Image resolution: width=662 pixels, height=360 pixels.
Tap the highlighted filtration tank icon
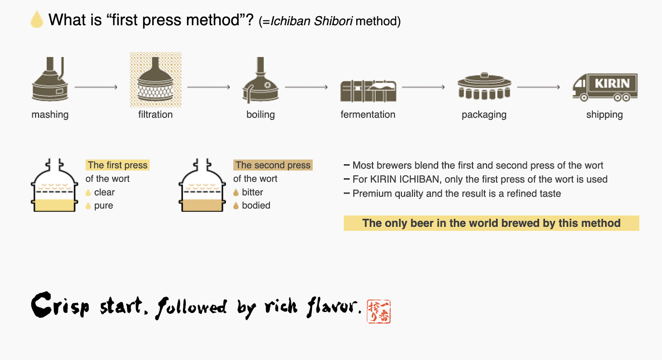coord(156,80)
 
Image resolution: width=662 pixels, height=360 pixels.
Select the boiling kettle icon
coord(260,81)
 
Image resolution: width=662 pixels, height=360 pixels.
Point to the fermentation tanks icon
coord(368,91)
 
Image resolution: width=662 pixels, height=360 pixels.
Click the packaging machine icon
coord(484,87)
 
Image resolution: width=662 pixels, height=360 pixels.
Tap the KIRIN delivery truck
coord(605,87)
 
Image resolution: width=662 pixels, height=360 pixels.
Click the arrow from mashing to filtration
coord(96,87)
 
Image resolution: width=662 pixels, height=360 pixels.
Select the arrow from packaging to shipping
coord(538,87)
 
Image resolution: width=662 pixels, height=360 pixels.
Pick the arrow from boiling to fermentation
coord(306,87)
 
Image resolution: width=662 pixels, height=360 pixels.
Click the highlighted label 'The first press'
coord(118,165)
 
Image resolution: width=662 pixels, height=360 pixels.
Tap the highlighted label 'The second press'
coord(273,165)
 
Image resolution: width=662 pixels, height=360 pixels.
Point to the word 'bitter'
coord(252,192)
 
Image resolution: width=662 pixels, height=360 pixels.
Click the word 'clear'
coord(104,192)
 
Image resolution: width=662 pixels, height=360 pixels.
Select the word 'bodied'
coord(256,206)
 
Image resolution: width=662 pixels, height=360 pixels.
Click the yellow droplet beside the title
coord(37,20)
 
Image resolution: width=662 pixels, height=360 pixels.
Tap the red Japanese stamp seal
coord(379,311)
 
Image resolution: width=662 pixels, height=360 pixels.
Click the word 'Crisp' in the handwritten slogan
coord(60,305)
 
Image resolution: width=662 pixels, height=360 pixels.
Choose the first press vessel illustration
coord(55,186)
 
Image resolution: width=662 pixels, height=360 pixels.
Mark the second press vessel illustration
coord(202,186)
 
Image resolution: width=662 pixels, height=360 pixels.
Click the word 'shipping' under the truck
coord(604,115)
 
